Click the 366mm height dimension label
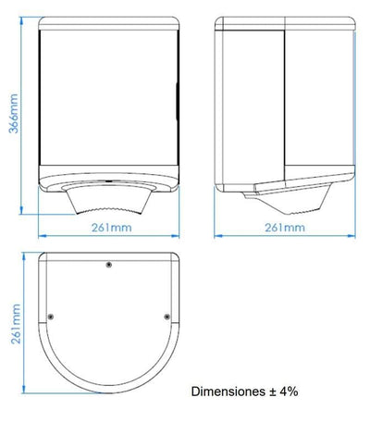(x=14, y=113)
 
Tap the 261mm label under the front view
(x=111, y=228)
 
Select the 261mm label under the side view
(x=285, y=228)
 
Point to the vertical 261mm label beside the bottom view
(x=16, y=324)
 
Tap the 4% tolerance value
(x=289, y=391)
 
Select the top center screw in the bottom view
(x=108, y=265)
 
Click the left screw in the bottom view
(x=51, y=317)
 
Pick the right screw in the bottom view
(x=166, y=317)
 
